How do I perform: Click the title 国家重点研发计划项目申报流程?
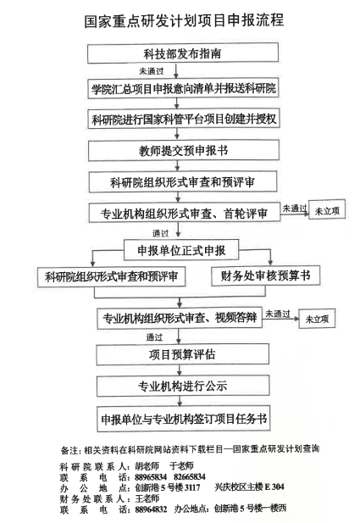point(184,20)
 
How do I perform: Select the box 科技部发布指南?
point(183,53)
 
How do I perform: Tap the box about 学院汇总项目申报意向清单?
point(183,89)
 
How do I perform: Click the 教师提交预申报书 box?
point(184,150)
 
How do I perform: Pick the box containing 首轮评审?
point(185,213)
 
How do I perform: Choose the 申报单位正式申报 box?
point(181,250)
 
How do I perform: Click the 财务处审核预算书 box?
point(266,275)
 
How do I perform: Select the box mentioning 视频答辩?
point(180,318)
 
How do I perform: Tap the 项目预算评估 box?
point(182,354)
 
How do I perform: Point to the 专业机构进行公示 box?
point(183,386)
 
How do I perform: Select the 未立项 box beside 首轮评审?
point(327,209)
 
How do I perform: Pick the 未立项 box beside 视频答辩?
point(317,319)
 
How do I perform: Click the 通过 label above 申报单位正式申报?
point(161,233)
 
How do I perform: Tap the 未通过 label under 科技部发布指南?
point(152,71)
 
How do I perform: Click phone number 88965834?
point(151,476)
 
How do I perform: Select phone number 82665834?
point(190,476)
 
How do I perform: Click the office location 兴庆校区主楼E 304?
point(249,487)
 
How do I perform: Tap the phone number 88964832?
point(151,509)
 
